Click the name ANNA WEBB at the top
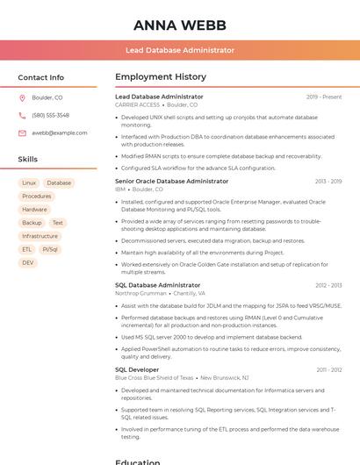coord(180,25)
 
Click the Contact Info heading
coord(40,77)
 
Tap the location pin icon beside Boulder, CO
coord(22,98)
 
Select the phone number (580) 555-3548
coord(50,115)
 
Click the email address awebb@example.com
coord(59,132)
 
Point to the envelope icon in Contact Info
coord(22,132)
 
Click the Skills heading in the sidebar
coord(28,160)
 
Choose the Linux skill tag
coord(29,183)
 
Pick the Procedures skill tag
coord(36,197)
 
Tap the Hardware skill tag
coord(34,210)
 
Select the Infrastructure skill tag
coord(40,236)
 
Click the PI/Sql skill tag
coord(50,249)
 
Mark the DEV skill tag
coord(28,262)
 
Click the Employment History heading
coord(161,77)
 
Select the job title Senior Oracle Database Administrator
coord(171,181)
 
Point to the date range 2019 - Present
coord(324,97)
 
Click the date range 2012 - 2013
coord(328,285)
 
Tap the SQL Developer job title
coord(137,370)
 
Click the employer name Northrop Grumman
coord(140,293)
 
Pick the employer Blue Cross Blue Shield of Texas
coord(154,378)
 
